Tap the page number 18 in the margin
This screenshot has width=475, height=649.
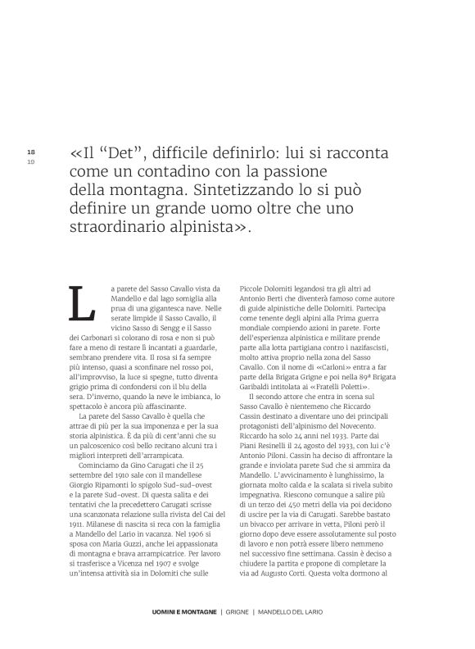point(31,152)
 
